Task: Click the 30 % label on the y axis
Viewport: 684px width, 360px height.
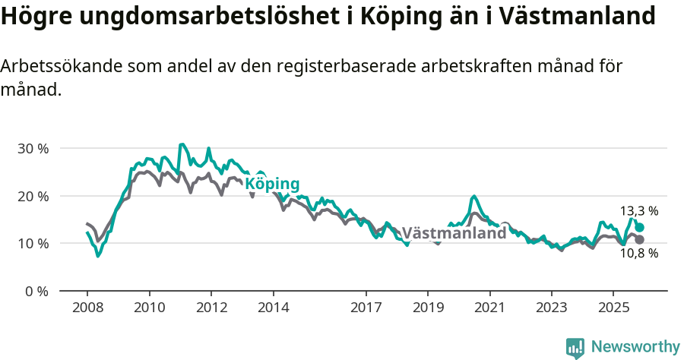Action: [x=32, y=148]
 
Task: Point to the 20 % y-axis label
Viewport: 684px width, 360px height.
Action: [x=32, y=196]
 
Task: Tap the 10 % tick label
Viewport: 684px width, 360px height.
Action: [x=32, y=244]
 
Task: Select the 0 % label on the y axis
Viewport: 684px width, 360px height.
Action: [x=36, y=291]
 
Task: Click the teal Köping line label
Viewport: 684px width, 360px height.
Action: [x=272, y=184]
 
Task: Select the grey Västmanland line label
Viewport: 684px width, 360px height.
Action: [x=454, y=233]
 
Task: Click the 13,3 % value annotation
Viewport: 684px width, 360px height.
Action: [x=639, y=210]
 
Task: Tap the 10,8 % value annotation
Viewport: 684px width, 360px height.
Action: [x=639, y=254]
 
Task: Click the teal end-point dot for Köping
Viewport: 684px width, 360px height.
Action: [x=640, y=227]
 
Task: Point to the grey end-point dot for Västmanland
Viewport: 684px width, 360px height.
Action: [x=640, y=240]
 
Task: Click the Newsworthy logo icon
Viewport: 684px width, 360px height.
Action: [x=575, y=347]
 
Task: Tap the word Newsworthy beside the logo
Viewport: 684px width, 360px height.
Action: [x=635, y=347]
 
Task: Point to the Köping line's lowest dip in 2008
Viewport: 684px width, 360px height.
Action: [x=98, y=256]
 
